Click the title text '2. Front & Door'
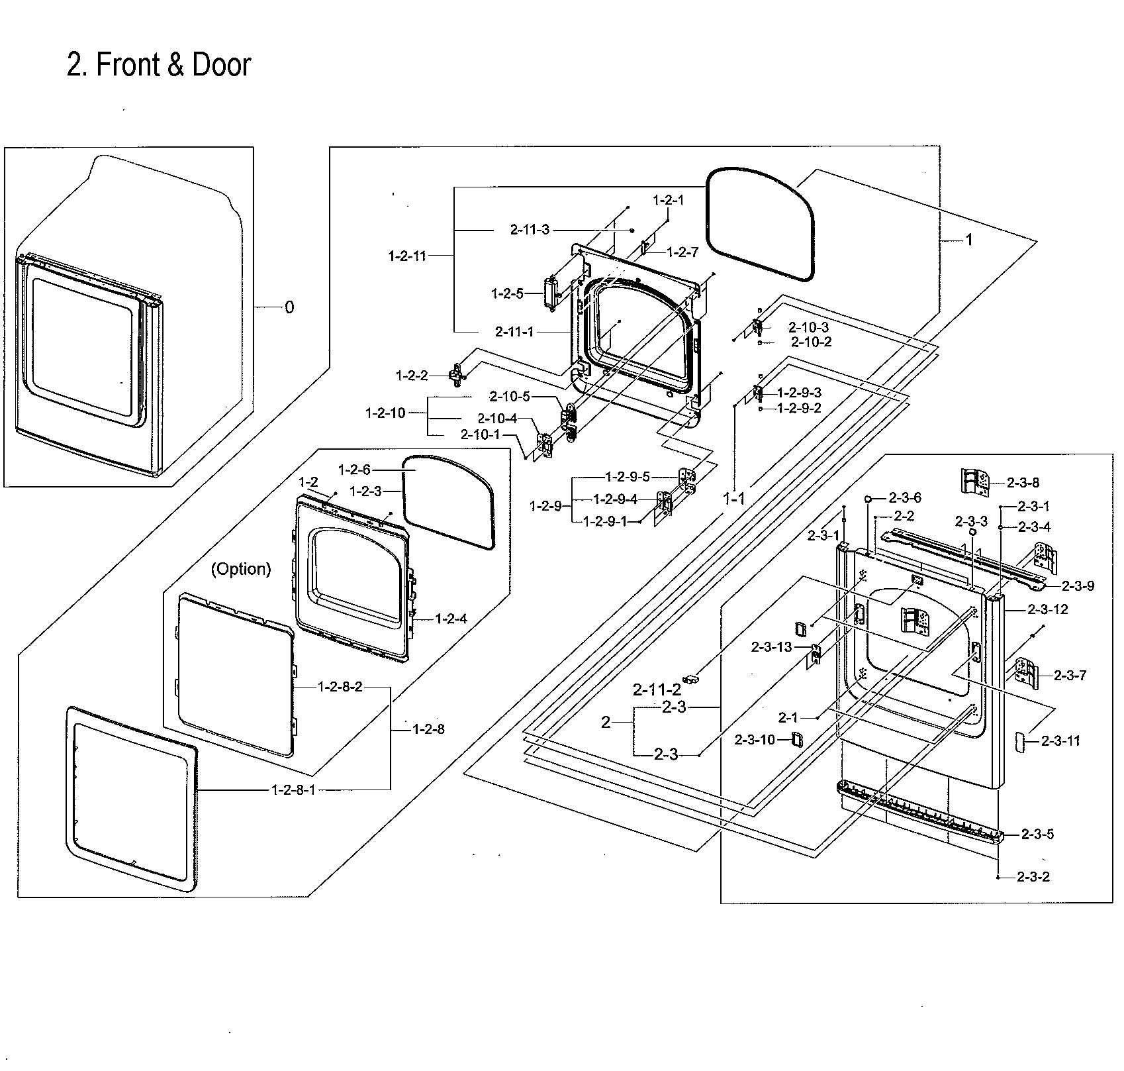coord(159,65)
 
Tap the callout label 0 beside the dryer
coord(289,307)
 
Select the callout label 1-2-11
coord(407,256)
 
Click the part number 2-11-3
coord(530,230)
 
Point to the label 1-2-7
coord(682,252)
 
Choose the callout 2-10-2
coord(812,342)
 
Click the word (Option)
coord(241,569)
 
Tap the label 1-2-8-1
coord(293,790)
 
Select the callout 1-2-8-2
coord(340,687)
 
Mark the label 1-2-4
coord(451,619)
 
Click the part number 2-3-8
coord(1023,483)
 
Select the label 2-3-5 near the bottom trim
coord(1037,835)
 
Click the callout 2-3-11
coord(1060,741)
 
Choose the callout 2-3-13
coord(771,647)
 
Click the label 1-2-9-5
coord(628,477)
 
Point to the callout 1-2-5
coord(508,293)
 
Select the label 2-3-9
coord(1078,586)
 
